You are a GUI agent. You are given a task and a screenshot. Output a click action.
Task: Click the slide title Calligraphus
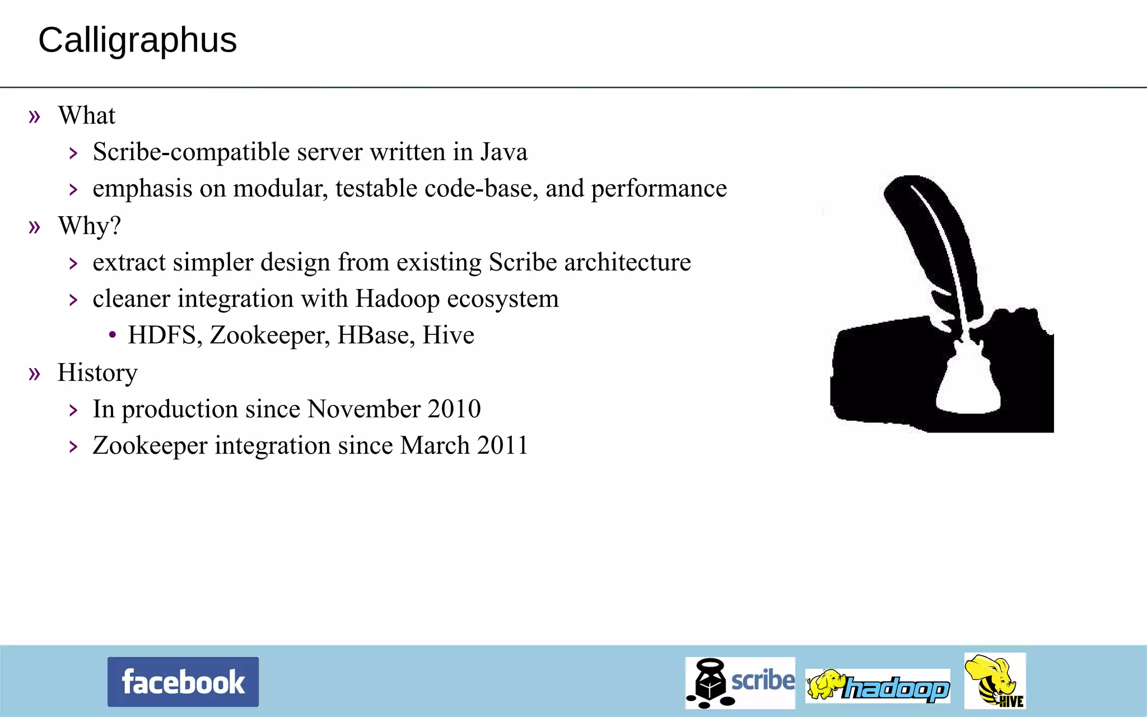click(x=138, y=40)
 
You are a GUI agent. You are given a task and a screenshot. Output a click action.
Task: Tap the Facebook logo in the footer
click(x=183, y=682)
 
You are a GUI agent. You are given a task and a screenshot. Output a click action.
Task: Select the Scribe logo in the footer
click(x=740, y=683)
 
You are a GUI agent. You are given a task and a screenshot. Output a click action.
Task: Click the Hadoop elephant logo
click(x=878, y=686)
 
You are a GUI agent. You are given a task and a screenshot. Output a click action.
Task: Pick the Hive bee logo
click(x=995, y=681)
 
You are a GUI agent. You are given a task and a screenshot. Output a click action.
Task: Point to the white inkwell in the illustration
click(x=968, y=387)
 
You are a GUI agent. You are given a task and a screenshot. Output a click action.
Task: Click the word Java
click(x=503, y=152)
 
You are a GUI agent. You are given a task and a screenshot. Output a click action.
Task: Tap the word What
click(x=87, y=115)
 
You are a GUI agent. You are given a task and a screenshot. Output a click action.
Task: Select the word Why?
click(x=90, y=226)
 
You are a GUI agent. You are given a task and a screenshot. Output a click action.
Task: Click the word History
click(x=97, y=373)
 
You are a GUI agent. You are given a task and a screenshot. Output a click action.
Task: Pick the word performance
click(x=659, y=189)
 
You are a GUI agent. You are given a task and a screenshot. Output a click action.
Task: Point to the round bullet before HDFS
click(x=113, y=335)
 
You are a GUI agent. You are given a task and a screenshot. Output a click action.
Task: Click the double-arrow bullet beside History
click(x=35, y=373)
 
